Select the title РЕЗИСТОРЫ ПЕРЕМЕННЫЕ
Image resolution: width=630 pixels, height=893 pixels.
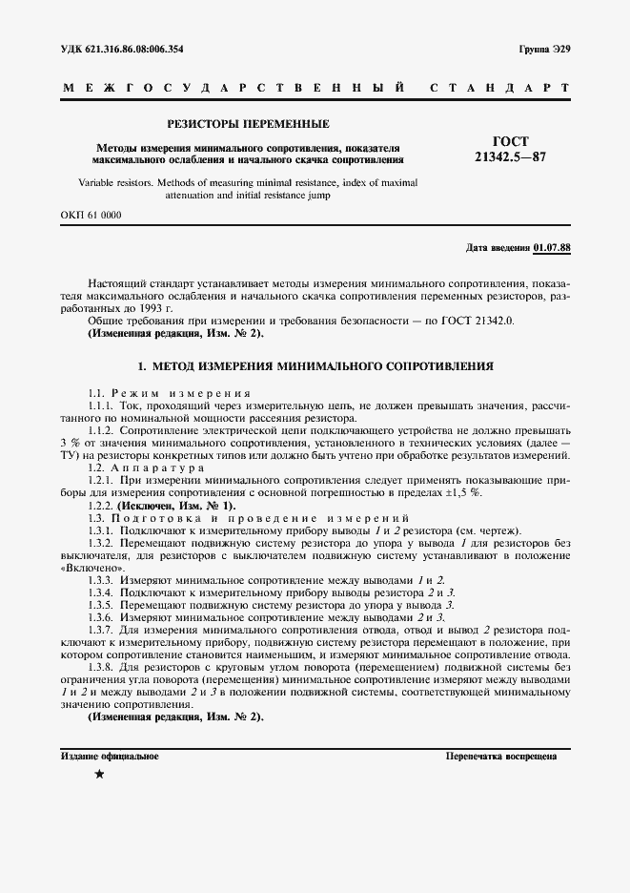(x=248, y=124)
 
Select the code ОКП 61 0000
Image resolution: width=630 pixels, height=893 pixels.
(x=91, y=216)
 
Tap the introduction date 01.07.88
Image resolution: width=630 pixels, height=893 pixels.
(x=552, y=248)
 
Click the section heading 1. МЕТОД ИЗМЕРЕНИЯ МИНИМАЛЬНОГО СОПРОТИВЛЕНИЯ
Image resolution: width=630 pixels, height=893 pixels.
(x=315, y=365)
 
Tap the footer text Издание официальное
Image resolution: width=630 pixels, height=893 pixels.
(x=110, y=756)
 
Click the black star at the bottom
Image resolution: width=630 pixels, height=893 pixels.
(x=100, y=775)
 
